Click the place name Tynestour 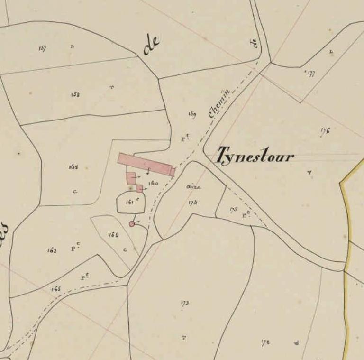(x=255, y=156)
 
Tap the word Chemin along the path (x=219, y=103)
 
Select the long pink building (x=146, y=164)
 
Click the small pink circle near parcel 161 (x=132, y=224)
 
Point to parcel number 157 (x=43, y=48)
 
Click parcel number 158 (x=75, y=94)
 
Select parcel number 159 (x=192, y=114)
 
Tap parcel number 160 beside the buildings (x=153, y=183)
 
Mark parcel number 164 (x=113, y=235)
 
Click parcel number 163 (x=52, y=250)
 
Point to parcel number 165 (x=56, y=289)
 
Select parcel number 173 (x=185, y=303)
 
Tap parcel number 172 (x=265, y=342)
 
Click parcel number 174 (x=192, y=203)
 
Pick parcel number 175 (x=233, y=210)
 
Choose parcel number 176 (x=325, y=131)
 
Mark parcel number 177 (x=310, y=73)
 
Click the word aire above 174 (x=193, y=187)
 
